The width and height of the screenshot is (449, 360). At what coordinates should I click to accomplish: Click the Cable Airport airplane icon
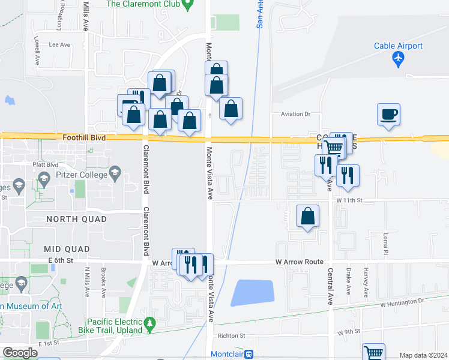pyautogui.click(x=397, y=59)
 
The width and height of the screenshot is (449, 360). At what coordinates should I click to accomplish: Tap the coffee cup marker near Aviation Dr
pyautogui.click(x=388, y=114)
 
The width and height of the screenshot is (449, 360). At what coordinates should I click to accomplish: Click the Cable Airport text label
pyautogui.click(x=398, y=46)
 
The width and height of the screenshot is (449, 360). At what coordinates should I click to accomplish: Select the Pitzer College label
pyautogui.click(x=83, y=175)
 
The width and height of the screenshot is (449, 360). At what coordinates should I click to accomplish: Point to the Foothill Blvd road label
pyautogui.click(x=84, y=137)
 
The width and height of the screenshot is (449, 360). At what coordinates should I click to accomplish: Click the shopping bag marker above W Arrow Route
pyautogui.click(x=307, y=217)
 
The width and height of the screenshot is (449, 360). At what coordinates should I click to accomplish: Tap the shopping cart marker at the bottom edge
pyautogui.click(x=373, y=353)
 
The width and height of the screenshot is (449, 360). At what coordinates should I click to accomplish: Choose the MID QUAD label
pyautogui.click(x=67, y=248)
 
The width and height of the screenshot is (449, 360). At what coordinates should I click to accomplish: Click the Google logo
pyautogui.click(x=20, y=352)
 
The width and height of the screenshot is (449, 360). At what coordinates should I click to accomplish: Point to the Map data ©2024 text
pyautogui.click(x=423, y=355)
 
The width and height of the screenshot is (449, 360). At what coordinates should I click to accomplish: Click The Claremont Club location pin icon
pyautogui.click(x=187, y=5)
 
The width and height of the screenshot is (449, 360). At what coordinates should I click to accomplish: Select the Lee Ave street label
pyautogui.click(x=59, y=44)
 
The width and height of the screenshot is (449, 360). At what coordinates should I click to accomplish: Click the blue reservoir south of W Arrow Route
pyautogui.click(x=252, y=293)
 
